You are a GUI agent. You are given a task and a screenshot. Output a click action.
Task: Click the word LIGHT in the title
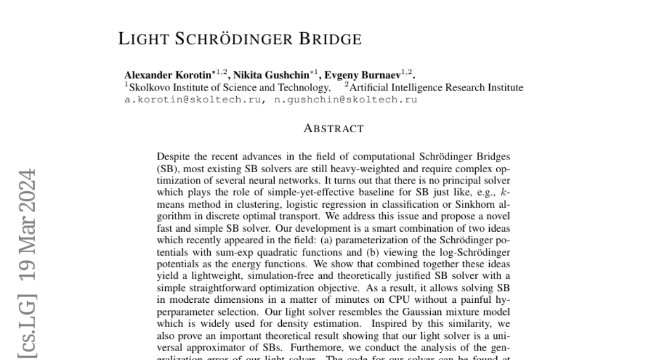tap(144, 39)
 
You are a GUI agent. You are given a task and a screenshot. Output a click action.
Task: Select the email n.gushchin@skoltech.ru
tap(346, 100)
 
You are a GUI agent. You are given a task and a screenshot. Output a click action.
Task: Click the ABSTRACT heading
tap(333, 129)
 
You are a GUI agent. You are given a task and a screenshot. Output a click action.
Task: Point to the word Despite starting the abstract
tap(173, 157)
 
